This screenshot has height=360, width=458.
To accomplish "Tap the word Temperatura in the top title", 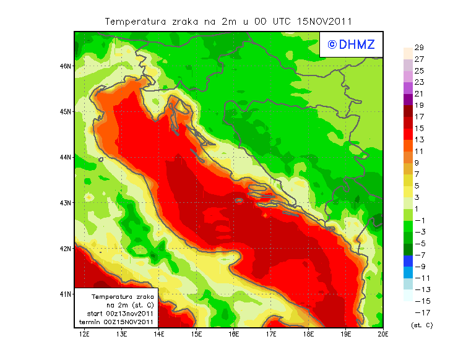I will tap(133, 21).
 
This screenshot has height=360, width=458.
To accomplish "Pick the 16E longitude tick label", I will tap(234, 335).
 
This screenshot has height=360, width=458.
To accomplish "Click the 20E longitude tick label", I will tap(384, 335).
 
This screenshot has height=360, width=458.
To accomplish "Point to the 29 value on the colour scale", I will tap(418, 48).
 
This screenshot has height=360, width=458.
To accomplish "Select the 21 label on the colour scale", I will tap(418, 94).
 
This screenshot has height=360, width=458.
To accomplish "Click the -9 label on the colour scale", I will tap(419, 267).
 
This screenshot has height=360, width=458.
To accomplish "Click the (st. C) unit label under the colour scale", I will tap(421, 325).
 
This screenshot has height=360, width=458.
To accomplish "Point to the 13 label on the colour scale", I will tap(418, 140).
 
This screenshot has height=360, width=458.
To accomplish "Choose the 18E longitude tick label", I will tap(309, 335).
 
